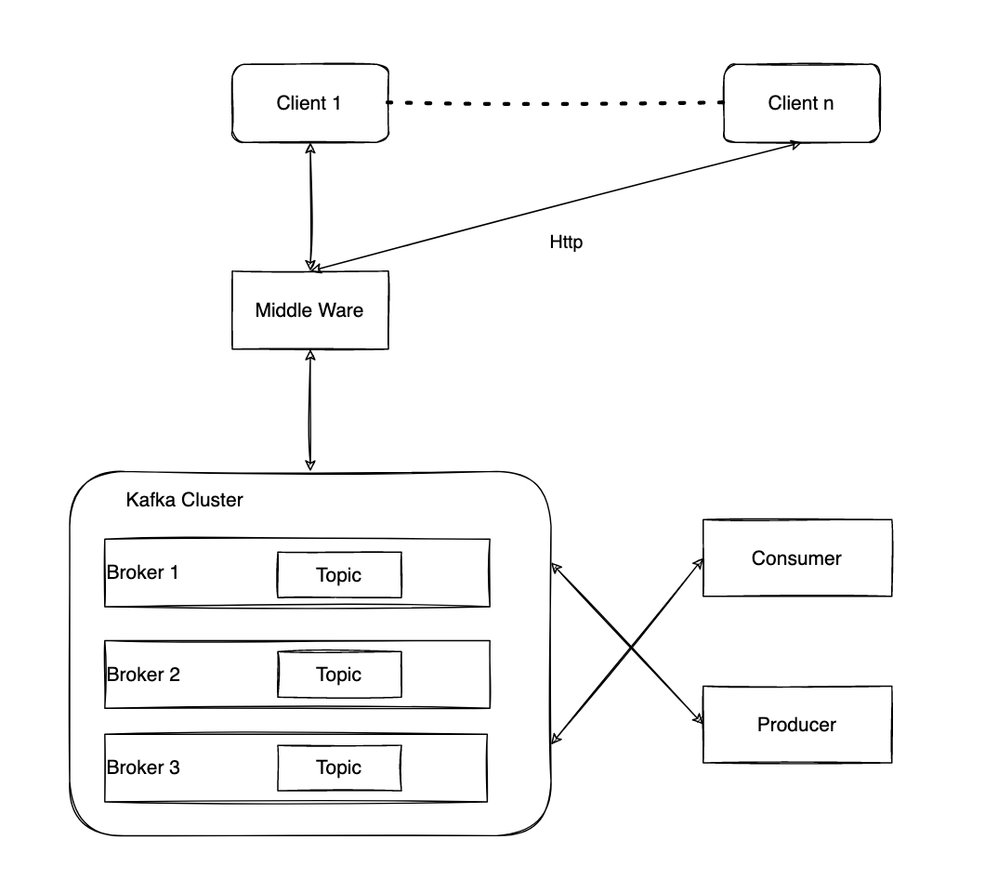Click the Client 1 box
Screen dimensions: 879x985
[309, 103]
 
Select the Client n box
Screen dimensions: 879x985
[800, 103]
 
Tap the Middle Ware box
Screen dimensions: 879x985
[309, 310]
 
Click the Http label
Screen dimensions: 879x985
[566, 243]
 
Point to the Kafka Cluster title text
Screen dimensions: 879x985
[184, 500]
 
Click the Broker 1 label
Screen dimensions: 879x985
[142, 571]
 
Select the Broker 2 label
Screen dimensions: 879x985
[142, 674]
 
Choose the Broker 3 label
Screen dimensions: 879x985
[142, 767]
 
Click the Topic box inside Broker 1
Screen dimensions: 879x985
[339, 575]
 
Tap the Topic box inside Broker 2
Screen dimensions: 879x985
[339, 675]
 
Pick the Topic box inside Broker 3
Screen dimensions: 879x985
[339, 768]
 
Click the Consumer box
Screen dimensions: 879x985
[796, 558]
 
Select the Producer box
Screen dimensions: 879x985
[796, 724]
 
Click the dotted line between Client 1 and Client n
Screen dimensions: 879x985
[555, 102]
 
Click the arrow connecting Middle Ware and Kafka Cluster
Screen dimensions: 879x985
[310, 409]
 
